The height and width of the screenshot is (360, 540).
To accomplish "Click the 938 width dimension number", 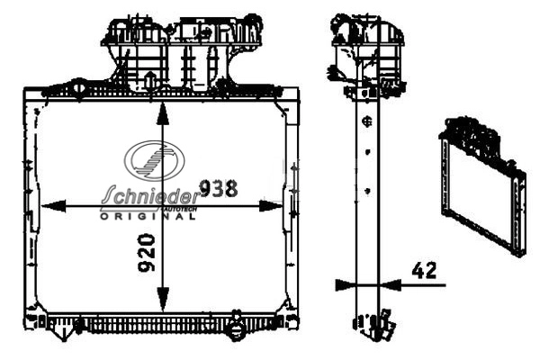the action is [x=219, y=188].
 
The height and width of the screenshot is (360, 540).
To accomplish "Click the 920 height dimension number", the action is [x=147, y=253].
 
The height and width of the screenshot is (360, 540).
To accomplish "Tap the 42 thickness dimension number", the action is [x=424, y=270].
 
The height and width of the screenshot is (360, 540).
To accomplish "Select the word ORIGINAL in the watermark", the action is [x=148, y=216].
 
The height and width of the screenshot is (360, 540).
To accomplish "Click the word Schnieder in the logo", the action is [x=150, y=195].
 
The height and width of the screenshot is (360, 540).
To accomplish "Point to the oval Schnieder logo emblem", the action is [x=155, y=160].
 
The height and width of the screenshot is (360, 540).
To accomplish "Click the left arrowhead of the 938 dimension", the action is [x=53, y=206].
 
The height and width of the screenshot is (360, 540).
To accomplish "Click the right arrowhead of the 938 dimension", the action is [x=271, y=206].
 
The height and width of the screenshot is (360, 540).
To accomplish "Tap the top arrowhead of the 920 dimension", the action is [x=163, y=113].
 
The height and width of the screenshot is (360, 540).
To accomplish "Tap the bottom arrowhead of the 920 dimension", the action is [x=163, y=300].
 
